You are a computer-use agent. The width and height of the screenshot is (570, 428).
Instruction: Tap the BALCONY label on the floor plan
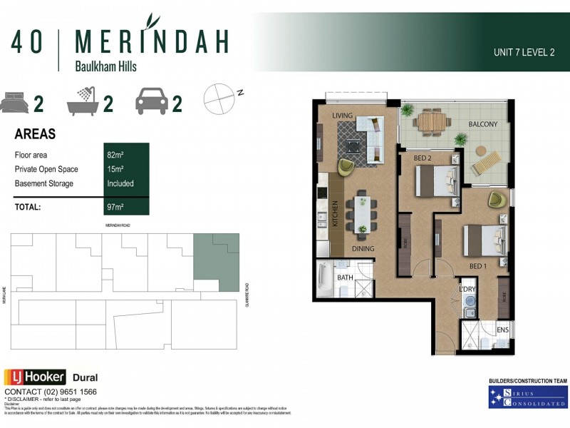pos(482,124)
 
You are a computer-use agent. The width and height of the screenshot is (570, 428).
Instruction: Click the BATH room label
pos(345,277)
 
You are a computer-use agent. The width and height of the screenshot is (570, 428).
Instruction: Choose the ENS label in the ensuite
pos(502,330)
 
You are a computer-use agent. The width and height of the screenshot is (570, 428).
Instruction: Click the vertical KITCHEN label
pos(336,213)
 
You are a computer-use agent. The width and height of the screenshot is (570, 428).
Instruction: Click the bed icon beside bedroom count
pos(15,103)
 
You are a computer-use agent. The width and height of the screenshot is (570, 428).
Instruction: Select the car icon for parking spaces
pos(152,103)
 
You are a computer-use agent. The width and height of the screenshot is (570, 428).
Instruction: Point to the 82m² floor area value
pos(115,154)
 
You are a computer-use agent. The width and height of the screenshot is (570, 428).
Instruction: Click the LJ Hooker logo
pos(35,377)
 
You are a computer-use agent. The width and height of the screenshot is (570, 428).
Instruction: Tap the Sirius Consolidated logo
pos(528,397)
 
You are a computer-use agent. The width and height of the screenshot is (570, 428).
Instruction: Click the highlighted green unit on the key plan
pos(216,261)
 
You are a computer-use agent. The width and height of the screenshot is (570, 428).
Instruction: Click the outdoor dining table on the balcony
pos(431,122)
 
